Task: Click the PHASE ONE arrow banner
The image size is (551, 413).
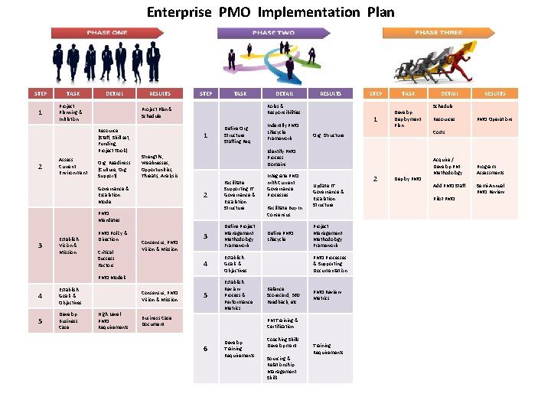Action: coord(107,33)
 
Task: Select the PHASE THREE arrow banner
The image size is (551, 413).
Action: coord(439,33)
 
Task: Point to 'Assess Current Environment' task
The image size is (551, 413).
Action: coord(73,166)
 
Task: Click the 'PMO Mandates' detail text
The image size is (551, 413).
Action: coord(108,216)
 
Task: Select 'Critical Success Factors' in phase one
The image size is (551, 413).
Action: coord(106,258)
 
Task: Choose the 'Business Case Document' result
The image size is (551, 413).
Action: coord(156,320)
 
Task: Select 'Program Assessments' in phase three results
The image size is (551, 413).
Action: coord(491,169)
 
